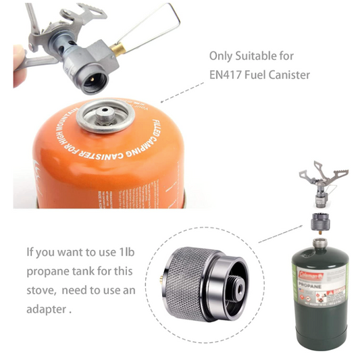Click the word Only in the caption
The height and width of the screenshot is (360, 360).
click(x=220, y=56)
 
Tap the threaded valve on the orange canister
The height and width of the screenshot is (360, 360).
click(x=106, y=112)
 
